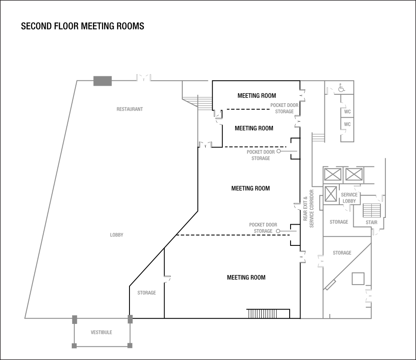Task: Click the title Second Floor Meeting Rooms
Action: pos(83,26)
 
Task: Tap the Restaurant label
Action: pos(130,109)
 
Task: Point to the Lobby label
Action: pos(116,235)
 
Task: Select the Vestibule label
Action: pos(102,332)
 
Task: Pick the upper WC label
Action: pos(347,111)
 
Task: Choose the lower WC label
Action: pos(347,125)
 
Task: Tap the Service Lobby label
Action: pos(350,198)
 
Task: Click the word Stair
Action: pos(371,222)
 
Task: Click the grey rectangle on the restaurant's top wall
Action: pos(102,81)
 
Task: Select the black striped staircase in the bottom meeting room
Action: pos(268,314)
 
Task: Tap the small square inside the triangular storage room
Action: pos(359,278)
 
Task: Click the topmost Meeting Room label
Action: pos(257,95)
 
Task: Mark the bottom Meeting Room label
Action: pos(246,277)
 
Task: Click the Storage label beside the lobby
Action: pos(147,293)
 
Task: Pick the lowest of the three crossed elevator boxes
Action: pos(331,194)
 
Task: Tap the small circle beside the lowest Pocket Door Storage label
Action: pos(278,231)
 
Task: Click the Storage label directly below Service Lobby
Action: pos(338,222)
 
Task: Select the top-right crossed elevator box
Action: pos(354,174)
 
